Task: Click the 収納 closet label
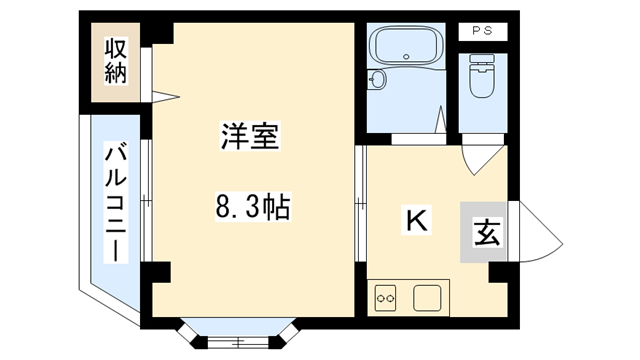coord(115,60)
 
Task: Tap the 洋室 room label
coord(250,138)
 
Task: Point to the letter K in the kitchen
coord(415,220)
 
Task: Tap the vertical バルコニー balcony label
coord(115,203)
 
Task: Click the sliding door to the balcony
coord(144,200)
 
